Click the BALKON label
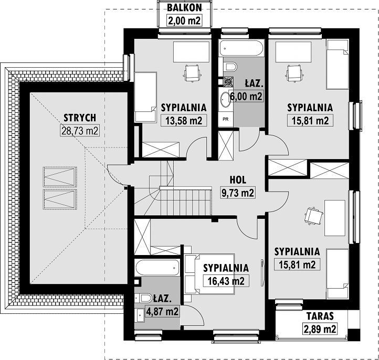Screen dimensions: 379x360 (184, 8)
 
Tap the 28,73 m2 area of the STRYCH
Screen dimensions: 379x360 (80, 131)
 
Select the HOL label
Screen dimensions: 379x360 (238, 180)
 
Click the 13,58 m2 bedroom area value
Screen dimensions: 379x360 (184, 120)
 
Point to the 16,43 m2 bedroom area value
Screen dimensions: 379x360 (226, 281)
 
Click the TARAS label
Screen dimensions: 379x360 (320, 316)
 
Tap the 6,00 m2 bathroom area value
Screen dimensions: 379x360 (246, 97)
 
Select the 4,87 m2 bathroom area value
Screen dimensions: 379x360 (162, 311)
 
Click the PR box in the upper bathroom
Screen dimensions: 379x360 (226, 119)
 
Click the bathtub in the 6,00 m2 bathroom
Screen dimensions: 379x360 (241, 48)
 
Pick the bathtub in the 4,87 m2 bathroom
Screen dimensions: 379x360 (157, 268)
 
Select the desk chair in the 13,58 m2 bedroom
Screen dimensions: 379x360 (193, 73)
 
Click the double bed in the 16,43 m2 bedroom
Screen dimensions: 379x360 (209, 274)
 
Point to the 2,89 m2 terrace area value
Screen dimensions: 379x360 (320, 329)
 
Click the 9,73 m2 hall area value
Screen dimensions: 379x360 (238, 193)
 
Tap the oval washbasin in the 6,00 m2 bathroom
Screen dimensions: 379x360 (225, 100)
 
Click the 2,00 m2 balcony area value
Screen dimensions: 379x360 (184, 20)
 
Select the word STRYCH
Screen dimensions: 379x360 (80, 118)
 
